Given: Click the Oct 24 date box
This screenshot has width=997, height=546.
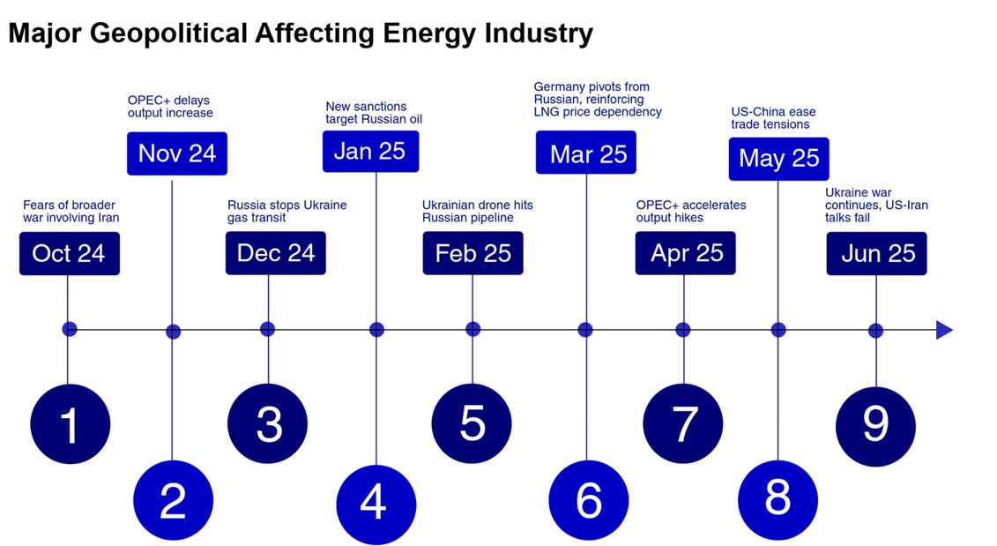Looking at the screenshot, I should coord(69,254).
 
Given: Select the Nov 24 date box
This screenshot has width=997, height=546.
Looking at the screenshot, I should coord(176,153).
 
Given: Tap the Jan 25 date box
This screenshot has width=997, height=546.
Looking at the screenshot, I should coord(370,151).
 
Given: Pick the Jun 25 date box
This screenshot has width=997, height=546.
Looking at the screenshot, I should coord(877,254).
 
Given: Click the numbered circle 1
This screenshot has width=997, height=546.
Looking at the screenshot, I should coord(70,424).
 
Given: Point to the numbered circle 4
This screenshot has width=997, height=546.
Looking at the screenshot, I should coord(376,503).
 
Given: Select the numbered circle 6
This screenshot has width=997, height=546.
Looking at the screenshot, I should coord(588,500).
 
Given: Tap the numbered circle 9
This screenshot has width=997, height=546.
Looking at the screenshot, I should coord(875,424).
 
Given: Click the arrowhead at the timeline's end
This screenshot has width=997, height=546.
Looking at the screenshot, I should coord(944,330).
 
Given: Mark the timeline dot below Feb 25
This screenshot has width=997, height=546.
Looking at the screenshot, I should coord(472,330).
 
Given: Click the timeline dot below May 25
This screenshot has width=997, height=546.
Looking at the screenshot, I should coord(778,330).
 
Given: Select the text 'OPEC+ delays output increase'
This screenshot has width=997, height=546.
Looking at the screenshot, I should coord(170,107).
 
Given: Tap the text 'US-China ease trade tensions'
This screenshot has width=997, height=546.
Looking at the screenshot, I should coord(773,118).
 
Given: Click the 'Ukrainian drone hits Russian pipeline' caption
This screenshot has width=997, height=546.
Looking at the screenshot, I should coord(477,212).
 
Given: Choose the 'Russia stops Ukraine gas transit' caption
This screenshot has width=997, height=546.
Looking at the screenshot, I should coord(286,212).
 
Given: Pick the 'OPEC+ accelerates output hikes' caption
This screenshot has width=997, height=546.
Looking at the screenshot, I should coord(690,212).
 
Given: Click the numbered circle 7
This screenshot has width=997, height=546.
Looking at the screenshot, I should coord(684,424).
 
